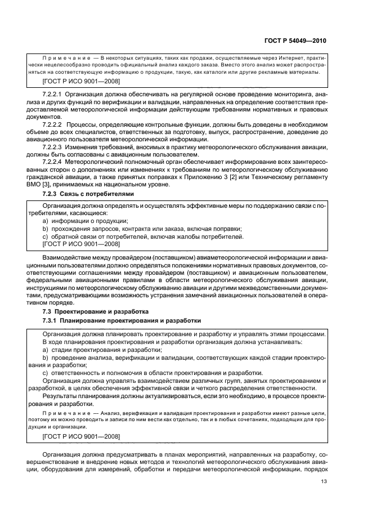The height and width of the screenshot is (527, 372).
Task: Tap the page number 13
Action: pyautogui.click(x=323, y=481)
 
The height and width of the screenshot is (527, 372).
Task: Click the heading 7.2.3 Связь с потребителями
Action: pyautogui.click(x=88, y=194)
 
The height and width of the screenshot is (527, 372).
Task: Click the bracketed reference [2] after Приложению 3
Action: pyautogui.click(x=229, y=177)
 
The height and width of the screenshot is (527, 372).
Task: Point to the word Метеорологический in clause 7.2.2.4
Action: pyautogui.click(x=98, y=161)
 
